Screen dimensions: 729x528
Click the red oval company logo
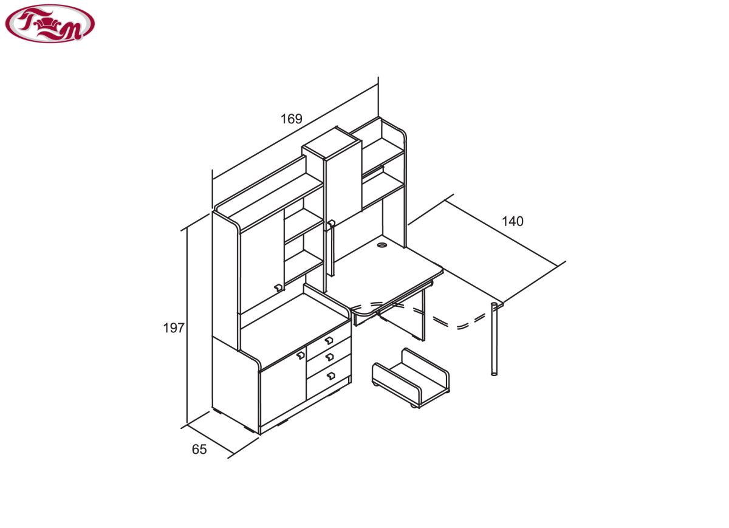[50, 24]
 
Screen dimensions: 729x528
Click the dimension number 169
[291, 119]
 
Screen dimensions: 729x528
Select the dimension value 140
[513, 222]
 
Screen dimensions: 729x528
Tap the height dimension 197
[174, 328]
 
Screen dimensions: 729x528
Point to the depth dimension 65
[199, 450]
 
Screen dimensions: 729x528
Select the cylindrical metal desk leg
[494, 339]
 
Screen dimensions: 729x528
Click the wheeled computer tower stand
[411, 377]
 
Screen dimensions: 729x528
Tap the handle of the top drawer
[329, 340]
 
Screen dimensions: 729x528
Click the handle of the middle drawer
[330, 357]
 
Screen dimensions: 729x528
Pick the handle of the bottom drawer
[330, 375]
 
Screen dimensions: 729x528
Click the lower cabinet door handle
[300, 355]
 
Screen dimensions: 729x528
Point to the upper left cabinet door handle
[278, 288]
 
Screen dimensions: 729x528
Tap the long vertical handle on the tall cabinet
[331, 248]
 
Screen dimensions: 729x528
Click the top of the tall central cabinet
[332, 143]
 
